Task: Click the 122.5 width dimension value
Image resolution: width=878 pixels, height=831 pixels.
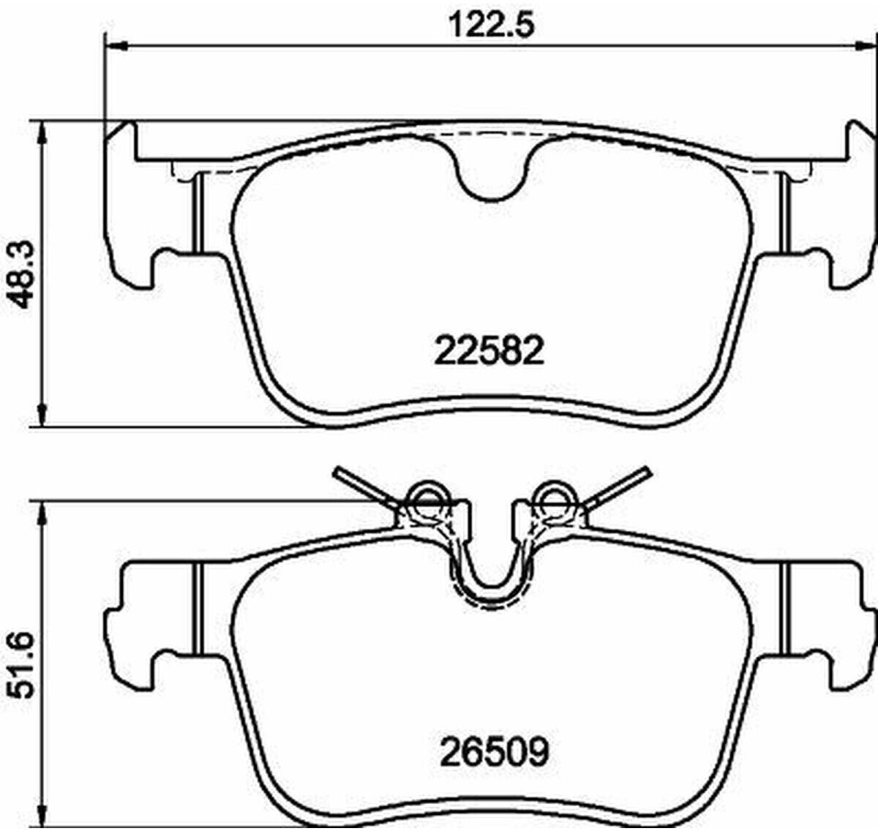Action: (491, 25)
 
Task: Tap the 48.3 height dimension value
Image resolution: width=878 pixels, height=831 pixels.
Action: (21, 274)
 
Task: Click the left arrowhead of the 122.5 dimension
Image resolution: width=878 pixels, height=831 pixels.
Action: (116, 45)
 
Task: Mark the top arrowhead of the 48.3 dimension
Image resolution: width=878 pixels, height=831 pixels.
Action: (42, 132)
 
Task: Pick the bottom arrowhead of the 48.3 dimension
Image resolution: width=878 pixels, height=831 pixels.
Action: (42, 415)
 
